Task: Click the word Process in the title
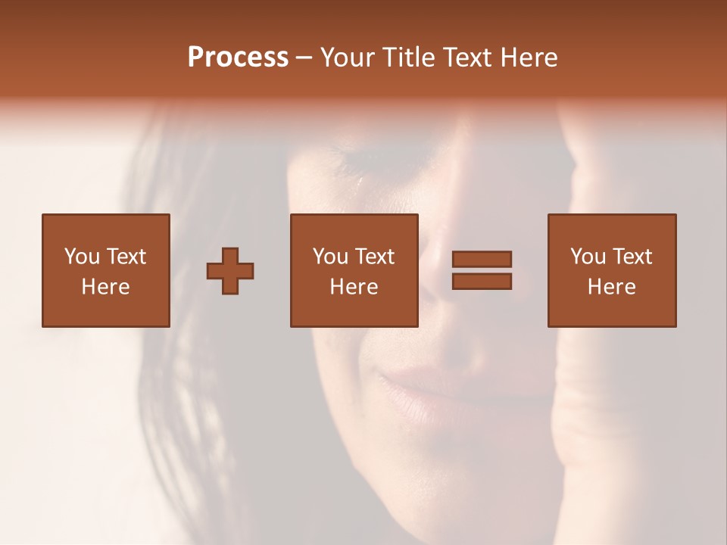tap(238, 58)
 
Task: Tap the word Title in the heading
tap(413, 58)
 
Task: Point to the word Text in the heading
tap(466, 58)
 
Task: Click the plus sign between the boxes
tap(230, 271)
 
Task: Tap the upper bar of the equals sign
tap(482, 260)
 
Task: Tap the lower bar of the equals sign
tap(482, 281)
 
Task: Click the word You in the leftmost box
tap(81, 257)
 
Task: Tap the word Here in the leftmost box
tap(105, 287)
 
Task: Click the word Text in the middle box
tap(375, 257)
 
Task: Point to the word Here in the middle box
tap(354, 287)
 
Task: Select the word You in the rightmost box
tap(588, 257)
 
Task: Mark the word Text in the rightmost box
tap(632, 257)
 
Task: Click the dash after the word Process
tap(304, 58)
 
